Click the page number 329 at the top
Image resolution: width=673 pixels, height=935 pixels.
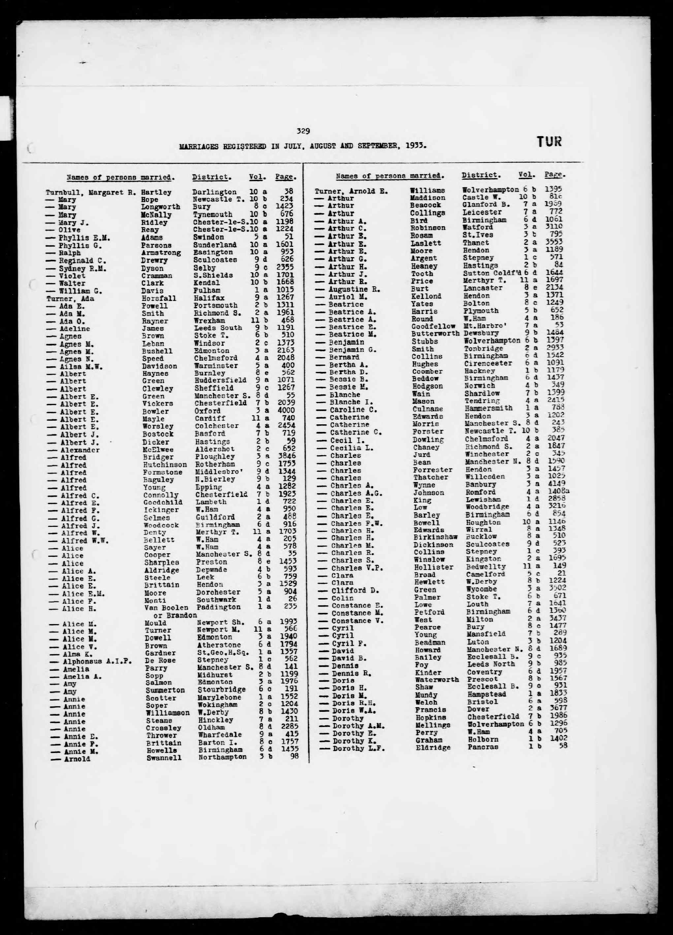pyautogui.click(x=303, y=132)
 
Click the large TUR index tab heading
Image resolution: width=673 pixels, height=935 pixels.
pyautogui.click(x=549, y=142)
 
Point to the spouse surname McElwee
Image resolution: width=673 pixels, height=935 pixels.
pyautogui.click(x=158, y=450)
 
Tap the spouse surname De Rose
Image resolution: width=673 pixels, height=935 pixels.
pyautogui.click(x=160, y=661)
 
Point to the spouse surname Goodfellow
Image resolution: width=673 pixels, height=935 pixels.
pyautogui.click(x=433, y=326)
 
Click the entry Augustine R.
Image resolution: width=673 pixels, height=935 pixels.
pyautogui.click(x=354, y=289)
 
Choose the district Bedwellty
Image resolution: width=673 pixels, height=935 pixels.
pyautogui.click(x=486, y=567)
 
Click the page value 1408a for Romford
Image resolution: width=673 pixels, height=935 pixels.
pyautogui.click(x=558, y=492)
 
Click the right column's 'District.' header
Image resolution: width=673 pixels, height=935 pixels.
pyautogui.click(x=481, y=175)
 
